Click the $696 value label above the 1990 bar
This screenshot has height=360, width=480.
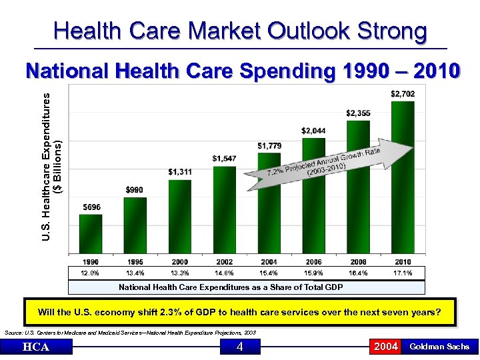91,207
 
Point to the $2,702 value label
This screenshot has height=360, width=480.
403,94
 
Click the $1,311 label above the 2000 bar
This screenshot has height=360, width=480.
180,172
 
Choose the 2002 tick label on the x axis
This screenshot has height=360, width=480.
224,262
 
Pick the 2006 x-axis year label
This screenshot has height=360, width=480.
313,262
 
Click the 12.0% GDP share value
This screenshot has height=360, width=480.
90,273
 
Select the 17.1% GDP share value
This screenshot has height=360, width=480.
403,273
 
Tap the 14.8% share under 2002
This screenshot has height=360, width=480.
224,273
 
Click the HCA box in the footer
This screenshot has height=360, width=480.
37,347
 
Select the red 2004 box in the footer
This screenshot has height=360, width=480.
386,347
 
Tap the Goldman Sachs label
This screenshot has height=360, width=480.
439,347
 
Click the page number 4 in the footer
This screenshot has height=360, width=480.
239,347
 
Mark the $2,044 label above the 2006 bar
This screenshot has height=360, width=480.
313,131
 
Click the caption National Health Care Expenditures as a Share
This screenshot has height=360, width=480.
231,287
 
